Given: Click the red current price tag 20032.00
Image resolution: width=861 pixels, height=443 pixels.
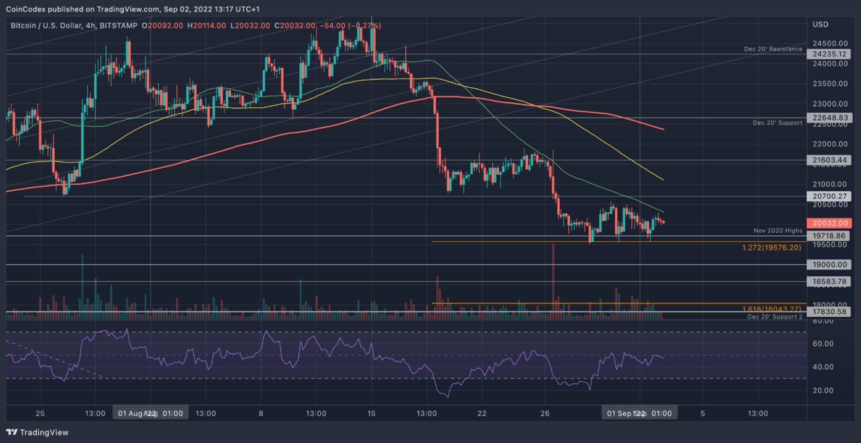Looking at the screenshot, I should click(x=833, y=223).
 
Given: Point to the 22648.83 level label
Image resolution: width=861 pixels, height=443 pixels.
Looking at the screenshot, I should click(x=833, y=118).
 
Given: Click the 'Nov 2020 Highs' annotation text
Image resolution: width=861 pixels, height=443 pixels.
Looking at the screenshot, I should click(x=778, y=231).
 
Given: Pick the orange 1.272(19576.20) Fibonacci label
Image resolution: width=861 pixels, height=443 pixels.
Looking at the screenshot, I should click(x=771, y=248).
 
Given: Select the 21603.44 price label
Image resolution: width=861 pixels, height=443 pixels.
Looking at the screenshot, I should click(x=833, y=161).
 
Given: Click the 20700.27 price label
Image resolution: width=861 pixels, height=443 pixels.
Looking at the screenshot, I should click(x=833, y=197).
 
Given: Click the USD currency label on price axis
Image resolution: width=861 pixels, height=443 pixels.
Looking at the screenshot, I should click(x=820, y=25).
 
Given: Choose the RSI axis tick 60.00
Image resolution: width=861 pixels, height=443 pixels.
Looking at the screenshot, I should click(x=822, y=344).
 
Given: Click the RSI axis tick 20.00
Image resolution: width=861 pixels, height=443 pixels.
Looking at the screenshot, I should click(x=822, y=391).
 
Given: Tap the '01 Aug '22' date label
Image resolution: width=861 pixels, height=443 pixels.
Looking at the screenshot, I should click(x=136, y=413).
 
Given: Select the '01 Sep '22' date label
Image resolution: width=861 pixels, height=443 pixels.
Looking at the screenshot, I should click(x=625, y=413).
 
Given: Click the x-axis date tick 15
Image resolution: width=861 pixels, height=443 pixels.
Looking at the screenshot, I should click(x=371, y=413).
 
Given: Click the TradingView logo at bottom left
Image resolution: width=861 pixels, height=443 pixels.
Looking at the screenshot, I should click(x=37, y=432).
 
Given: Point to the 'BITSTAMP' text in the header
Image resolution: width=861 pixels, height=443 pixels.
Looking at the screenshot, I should click(x=119, y=25).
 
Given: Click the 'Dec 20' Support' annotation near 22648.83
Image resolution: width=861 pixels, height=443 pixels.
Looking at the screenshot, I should click(x=777, y=122).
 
